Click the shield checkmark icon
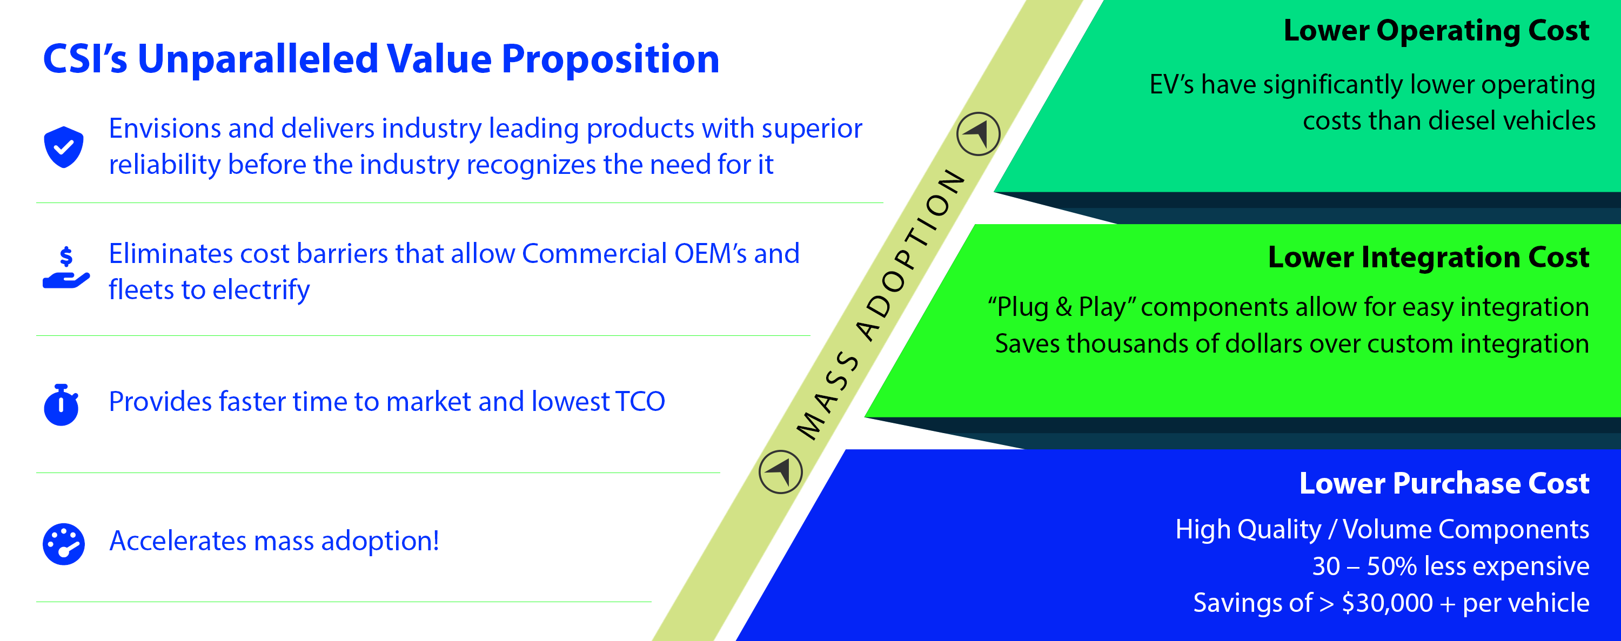[64, 146]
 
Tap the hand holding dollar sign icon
[66, 267]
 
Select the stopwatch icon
[61, 404]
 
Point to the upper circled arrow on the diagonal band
[979, 134]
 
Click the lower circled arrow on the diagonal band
[781, 472]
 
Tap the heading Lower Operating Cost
[1437, 30]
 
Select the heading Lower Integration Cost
[1429, 257]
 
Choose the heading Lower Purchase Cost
[1444, 483]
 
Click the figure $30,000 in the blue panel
[1388, 603]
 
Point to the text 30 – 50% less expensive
[1450, 566]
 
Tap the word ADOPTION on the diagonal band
[911, 254]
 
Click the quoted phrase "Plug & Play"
[1062, 307]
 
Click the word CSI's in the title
[85, 59]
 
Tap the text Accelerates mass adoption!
[274, 541]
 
